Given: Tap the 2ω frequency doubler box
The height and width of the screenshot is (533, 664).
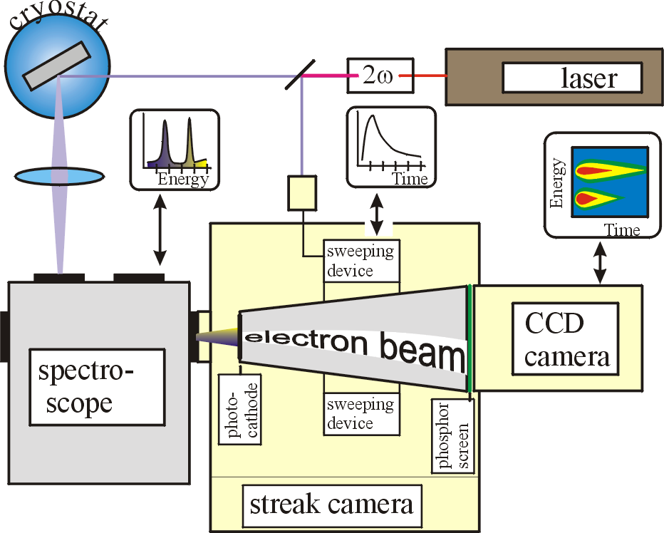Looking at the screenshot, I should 370,74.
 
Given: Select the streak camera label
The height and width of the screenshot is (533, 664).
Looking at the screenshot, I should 331,504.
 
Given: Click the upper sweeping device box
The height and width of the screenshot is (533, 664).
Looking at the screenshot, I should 360,261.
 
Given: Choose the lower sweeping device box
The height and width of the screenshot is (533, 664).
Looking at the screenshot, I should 360,413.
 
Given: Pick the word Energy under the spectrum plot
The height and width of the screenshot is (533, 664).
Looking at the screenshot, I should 182,179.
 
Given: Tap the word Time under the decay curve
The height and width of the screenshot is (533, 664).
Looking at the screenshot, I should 410,179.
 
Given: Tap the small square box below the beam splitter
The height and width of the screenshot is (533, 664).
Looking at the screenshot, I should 302,194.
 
